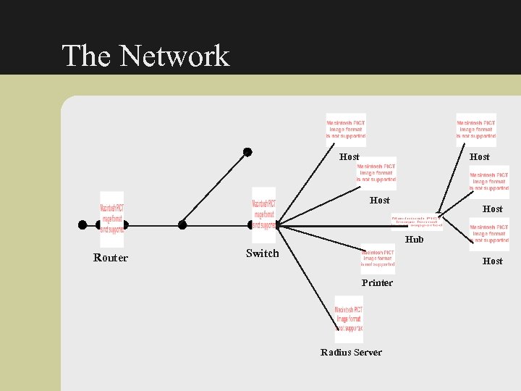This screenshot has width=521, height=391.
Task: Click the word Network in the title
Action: [x=174, y=56]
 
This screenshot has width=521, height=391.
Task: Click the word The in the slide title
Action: [x=86, y=56]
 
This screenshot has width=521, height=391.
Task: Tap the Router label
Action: [x=111, y=258]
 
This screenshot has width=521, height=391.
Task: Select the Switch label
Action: [x=262, y=253]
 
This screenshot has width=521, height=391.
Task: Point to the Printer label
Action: [x=377, y=283]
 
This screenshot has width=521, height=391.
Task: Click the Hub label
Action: [x=415, y=240]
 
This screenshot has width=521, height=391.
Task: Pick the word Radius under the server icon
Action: [x=336, y=353]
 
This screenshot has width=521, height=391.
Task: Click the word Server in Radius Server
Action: [x=368, y=353]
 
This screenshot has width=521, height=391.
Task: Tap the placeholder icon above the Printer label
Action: [x=378, y=258]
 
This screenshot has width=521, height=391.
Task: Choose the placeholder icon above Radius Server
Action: [x=349, y=318]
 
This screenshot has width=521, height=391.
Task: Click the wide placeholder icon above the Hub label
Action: [x=416, y=221]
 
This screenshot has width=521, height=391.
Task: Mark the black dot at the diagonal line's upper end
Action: [x=247, y=152]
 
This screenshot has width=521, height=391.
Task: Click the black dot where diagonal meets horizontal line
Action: [x=182, y=224]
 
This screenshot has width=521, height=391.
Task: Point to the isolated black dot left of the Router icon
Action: [x=82, y=224]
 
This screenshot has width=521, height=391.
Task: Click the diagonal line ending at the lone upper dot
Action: [x=215, y=188]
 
